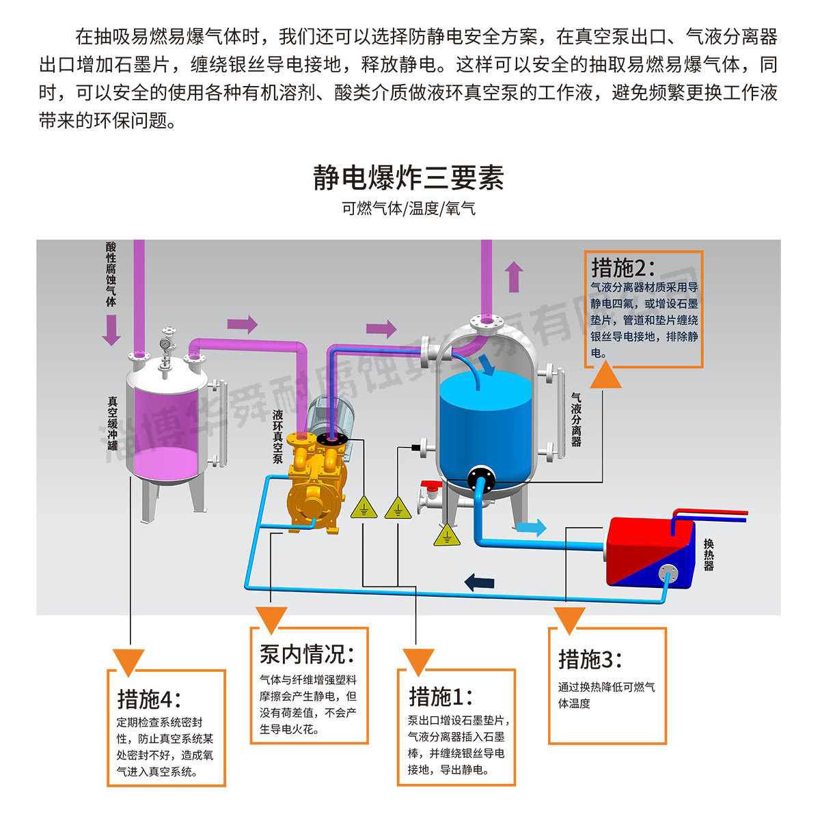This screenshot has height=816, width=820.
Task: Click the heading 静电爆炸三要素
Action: point(409,177)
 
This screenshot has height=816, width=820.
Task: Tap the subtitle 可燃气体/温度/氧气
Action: point(409,208)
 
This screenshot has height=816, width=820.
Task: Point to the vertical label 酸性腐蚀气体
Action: point(111,274)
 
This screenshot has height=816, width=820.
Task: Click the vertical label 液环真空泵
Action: point(277,436)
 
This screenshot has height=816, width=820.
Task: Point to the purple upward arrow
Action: point(515,277)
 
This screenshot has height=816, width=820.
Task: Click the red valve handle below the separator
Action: point(430,486)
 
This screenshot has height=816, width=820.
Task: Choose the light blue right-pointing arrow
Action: point(532,526)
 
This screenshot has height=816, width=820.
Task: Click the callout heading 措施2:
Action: point(623,266)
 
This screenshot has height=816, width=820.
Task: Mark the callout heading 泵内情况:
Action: point(307,654)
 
